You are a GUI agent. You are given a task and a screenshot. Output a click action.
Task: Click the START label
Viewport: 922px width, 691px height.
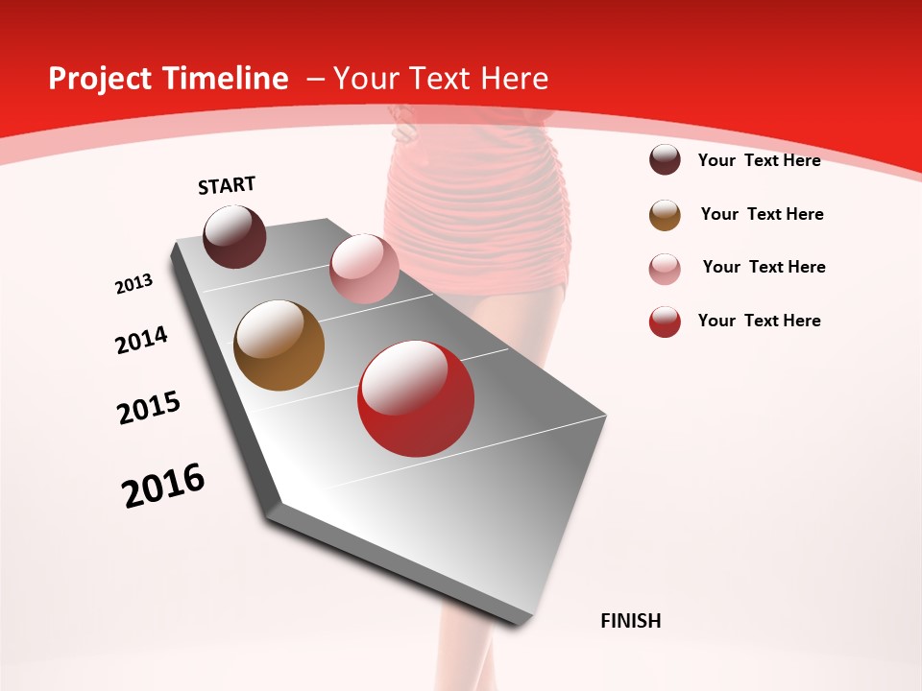click(x=227, y=185)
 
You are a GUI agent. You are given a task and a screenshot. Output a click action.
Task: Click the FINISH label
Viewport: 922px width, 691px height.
click(x=631, y=621)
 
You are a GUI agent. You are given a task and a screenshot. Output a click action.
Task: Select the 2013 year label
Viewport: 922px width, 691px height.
click(x=133, y=284)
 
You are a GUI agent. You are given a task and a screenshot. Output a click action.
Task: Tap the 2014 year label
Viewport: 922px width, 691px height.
click(x=142, y=341)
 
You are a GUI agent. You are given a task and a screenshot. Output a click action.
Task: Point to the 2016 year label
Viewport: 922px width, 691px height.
click(x=163, y=486)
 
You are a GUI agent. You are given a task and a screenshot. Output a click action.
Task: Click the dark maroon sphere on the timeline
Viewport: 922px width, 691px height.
click(x=234, y=236)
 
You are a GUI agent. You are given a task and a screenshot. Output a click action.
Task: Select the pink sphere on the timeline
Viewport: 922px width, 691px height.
click(x=364, y=268)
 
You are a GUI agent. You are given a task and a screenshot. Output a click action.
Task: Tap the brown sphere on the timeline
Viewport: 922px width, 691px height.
click(x=279, y=345)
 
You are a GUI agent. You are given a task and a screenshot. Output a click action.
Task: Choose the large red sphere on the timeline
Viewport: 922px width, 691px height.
click(x=416, y=398)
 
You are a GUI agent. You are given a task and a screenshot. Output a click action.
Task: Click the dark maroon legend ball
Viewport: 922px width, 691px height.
click(x=665, y=160)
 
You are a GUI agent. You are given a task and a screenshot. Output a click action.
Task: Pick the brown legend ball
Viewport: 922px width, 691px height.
click(x=665, y=215)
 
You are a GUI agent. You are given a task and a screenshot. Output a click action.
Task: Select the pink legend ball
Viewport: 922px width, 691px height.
click(x=665, y=269)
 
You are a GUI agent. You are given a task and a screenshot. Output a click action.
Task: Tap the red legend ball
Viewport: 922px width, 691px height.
click(x=665, y=322)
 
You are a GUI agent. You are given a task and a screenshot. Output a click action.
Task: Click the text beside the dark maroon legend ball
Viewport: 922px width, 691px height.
click(x=759, y=161)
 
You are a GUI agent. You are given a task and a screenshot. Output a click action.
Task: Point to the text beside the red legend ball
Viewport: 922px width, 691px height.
click(x=759, y=321)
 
